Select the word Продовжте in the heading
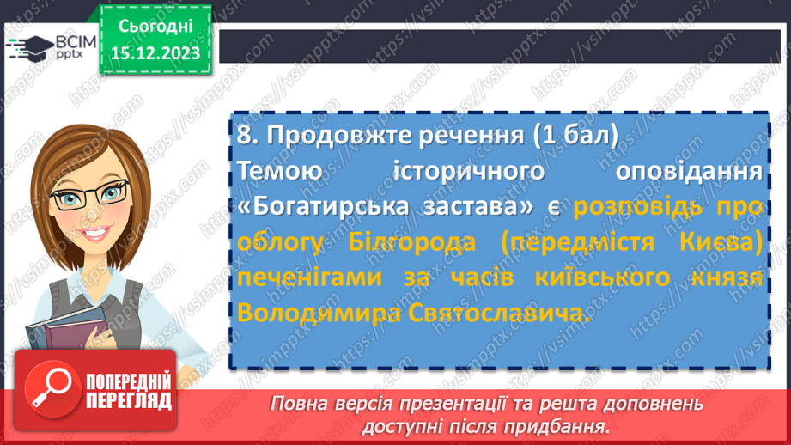[332, 135]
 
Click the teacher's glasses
[96, 194]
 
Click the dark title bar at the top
[498, 46]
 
